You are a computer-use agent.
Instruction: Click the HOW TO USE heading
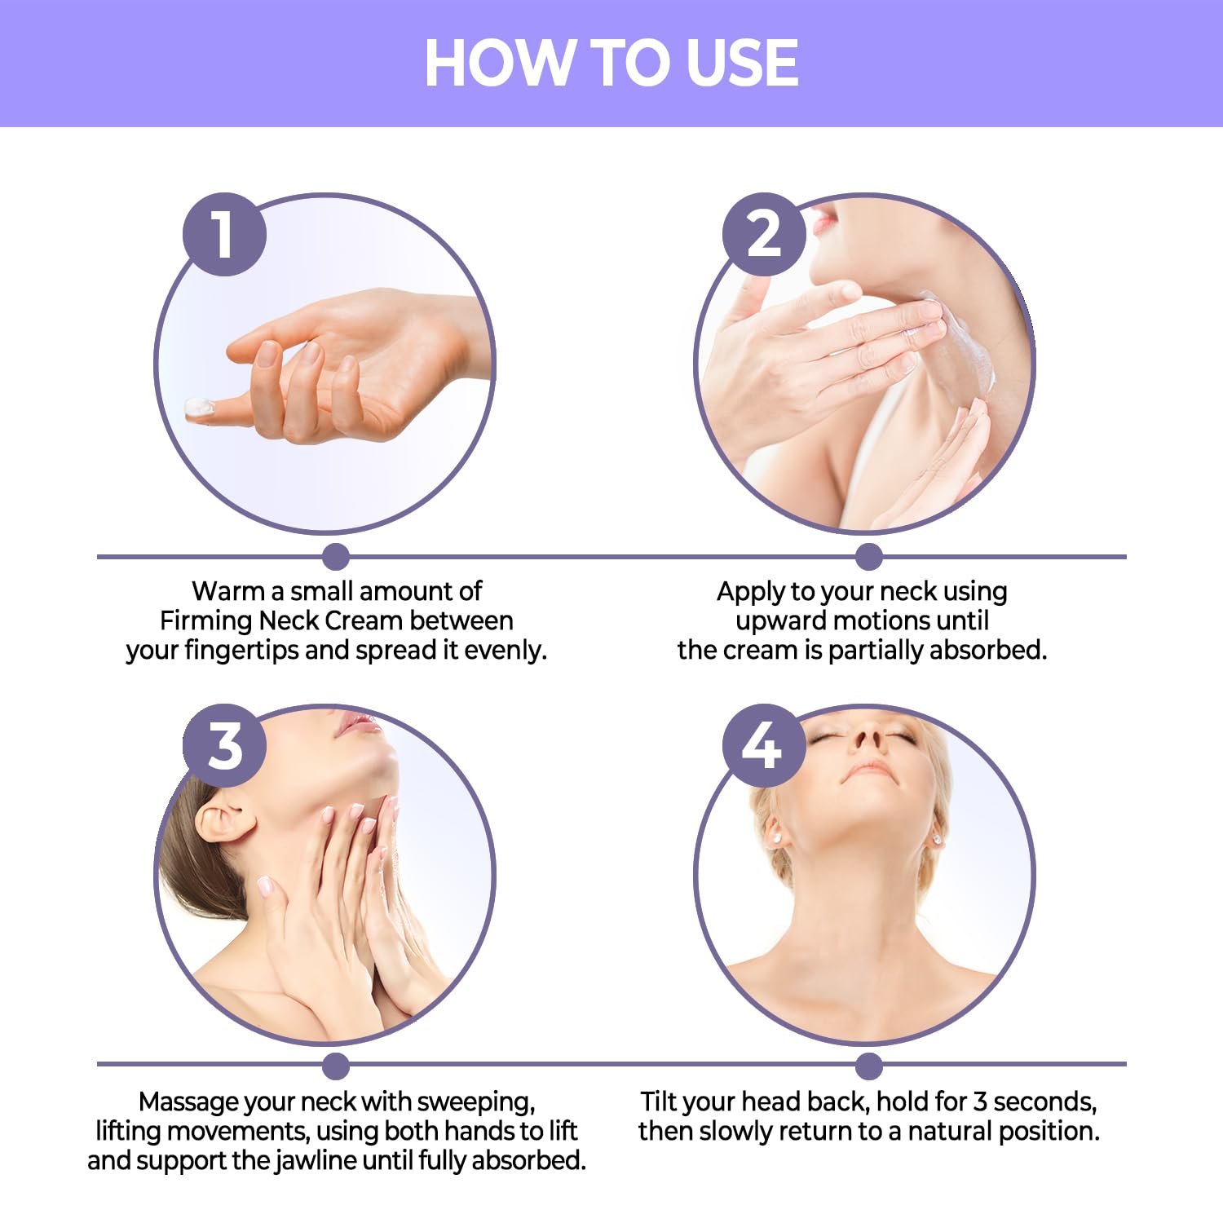(x=611, y=63)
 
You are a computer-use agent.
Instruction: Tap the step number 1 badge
(x=224, y=234)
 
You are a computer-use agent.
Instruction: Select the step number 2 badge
(x=764, y=234)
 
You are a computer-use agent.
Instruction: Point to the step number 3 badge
(x=224, y=745)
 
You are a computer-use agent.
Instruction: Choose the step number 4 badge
(x=764, y=745)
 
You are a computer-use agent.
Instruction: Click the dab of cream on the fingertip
(x=200, y=407)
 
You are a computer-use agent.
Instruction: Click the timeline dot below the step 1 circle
(x=336, y=557)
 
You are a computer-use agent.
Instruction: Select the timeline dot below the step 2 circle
(x=869, y=557)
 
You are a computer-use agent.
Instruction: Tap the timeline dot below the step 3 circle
(x=336, y=1066)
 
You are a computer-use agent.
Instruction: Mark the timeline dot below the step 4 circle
(x=869, y=1066)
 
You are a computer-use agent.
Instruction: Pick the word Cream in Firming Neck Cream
(x=362, y=621)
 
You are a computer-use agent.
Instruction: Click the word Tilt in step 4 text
(x=660, y=1102)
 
